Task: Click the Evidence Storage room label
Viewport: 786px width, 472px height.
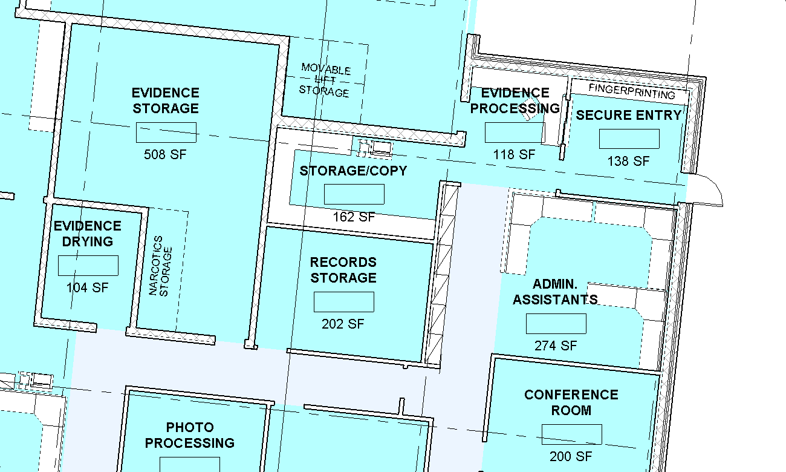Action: click(166, 100)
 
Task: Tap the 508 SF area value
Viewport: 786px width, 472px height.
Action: click(165, 154)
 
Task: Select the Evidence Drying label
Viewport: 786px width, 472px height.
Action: click(88, 234)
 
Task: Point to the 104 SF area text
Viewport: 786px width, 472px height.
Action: click(88, 287)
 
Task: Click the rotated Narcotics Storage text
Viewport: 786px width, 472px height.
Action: click(160, 266)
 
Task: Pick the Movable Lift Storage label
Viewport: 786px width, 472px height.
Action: click(325, 80)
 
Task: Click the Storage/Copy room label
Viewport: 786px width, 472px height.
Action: click(353, 171)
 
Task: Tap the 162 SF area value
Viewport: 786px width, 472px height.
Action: click(354, 217)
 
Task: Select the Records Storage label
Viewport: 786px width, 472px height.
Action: click(343, 270)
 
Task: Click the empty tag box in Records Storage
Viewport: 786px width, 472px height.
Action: click(344, 302)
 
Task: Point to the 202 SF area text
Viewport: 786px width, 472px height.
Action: click(343, 324)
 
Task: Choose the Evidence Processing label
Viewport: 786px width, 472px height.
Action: click(515, 100)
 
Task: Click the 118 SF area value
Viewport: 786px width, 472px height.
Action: click(515, 154)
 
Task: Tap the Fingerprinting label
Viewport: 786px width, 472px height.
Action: click(632, 91)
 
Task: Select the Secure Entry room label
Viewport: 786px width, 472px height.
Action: click(629, 115)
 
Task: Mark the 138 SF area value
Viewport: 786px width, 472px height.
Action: click(628, 161)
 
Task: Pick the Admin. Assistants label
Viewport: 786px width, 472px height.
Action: click(556, 292)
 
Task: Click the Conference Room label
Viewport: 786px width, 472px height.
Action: click(571, 402)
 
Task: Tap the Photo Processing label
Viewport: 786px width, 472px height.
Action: click(190, 435)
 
